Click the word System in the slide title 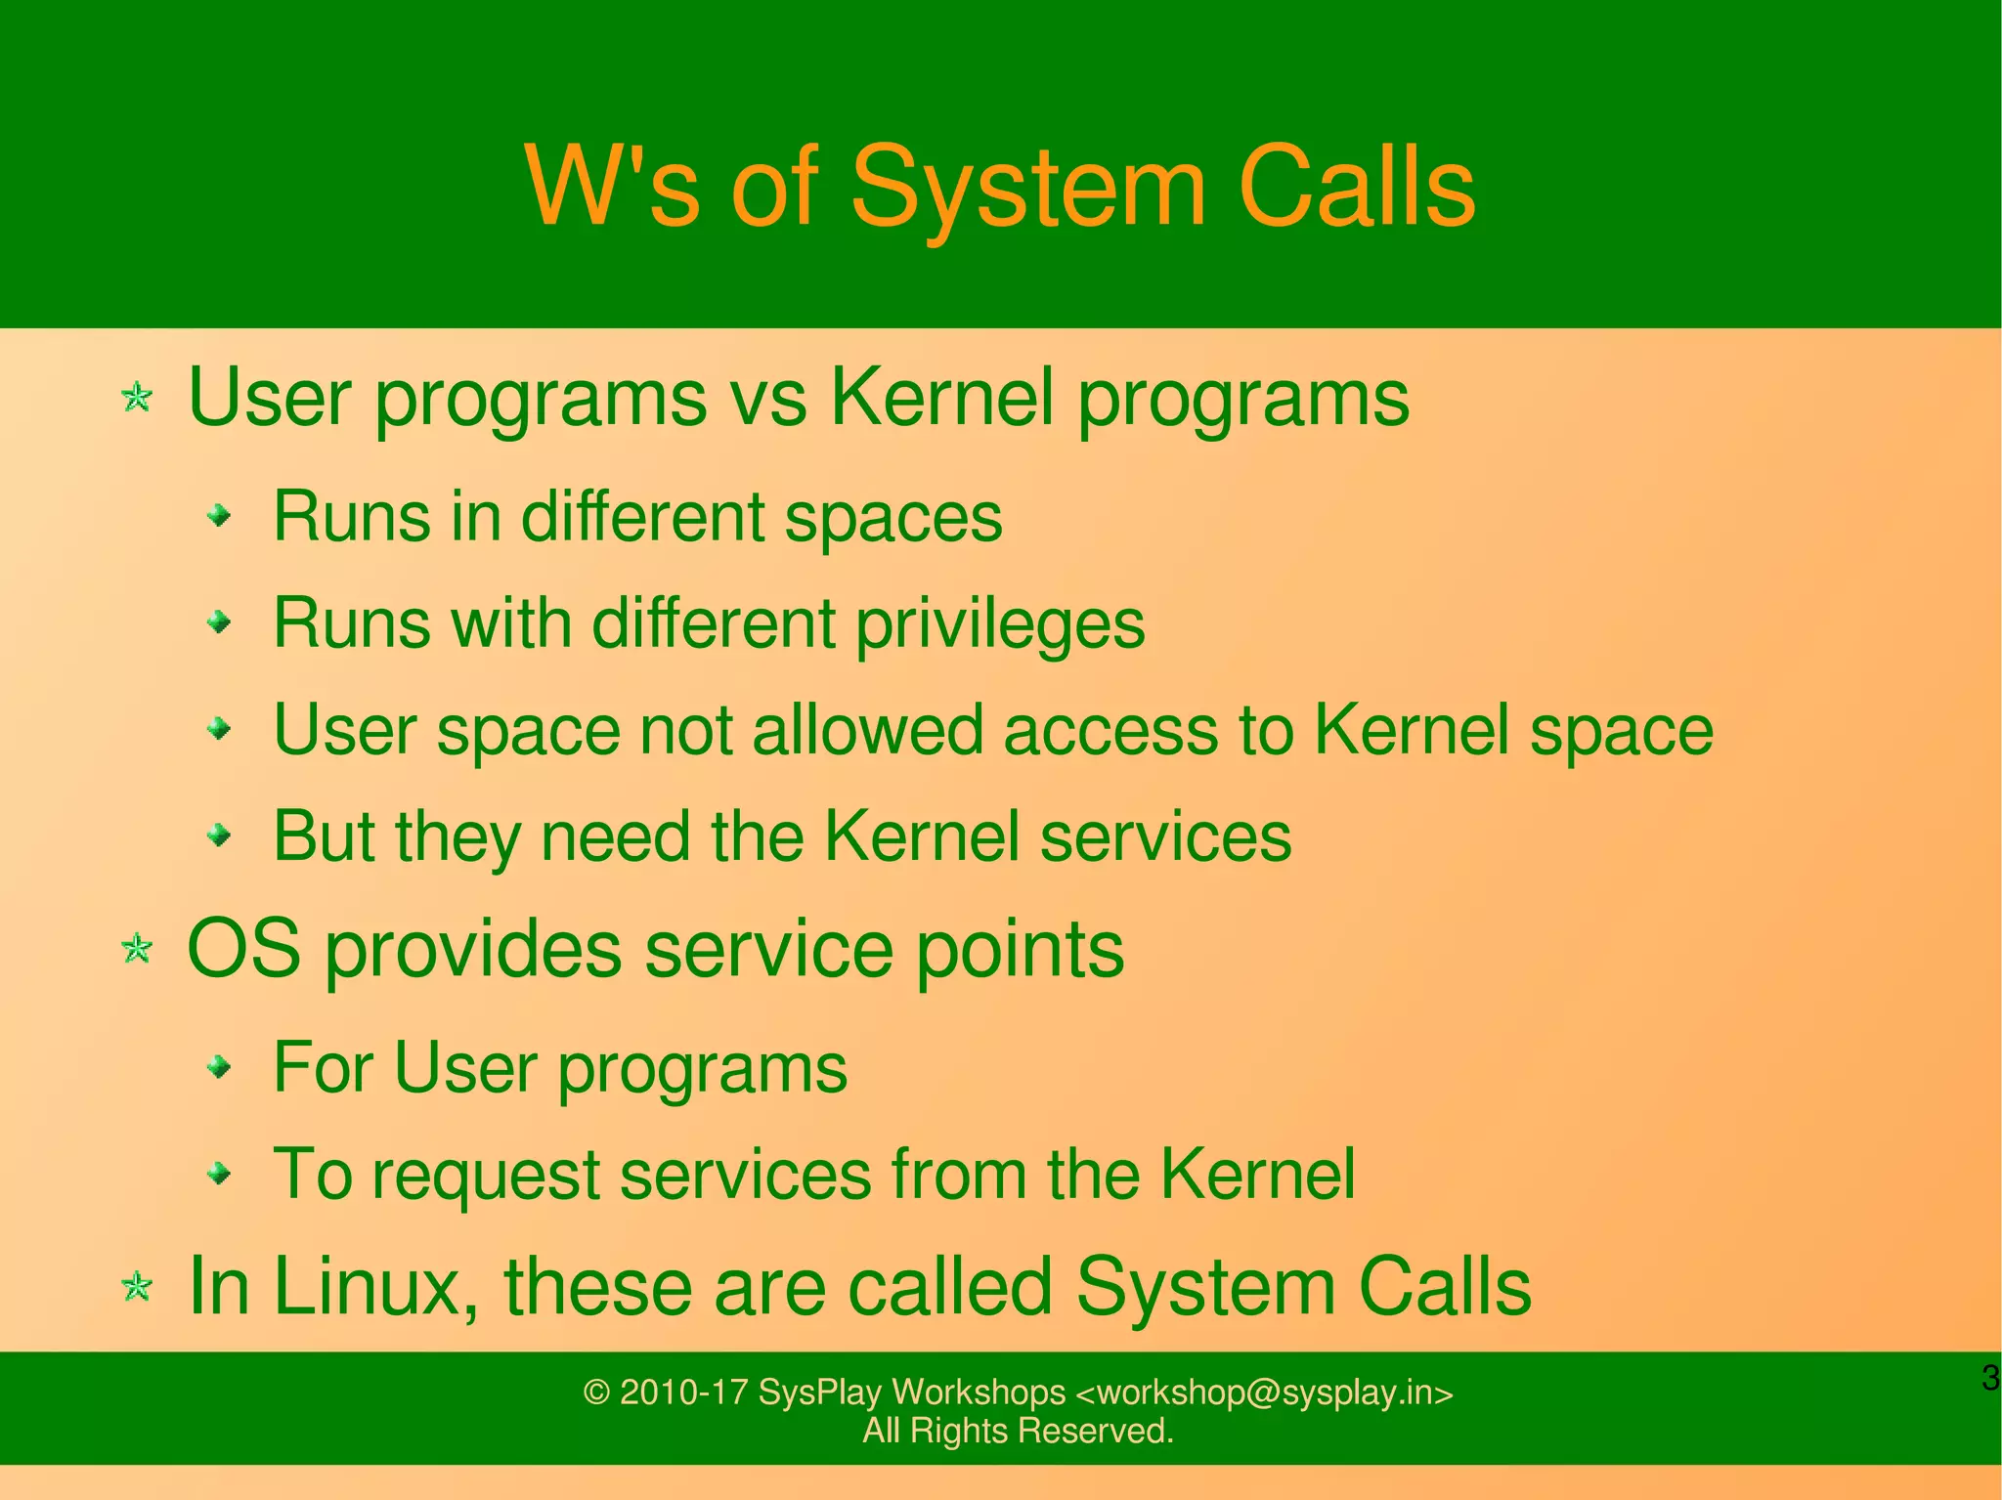1028,188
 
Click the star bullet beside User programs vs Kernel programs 137,398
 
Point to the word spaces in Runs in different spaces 893,518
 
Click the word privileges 1000,624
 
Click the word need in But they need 615,836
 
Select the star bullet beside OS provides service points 137,948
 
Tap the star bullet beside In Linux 137,1287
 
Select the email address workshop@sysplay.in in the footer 1264,1393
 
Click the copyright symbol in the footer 596,1393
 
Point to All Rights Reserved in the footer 1018,1432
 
